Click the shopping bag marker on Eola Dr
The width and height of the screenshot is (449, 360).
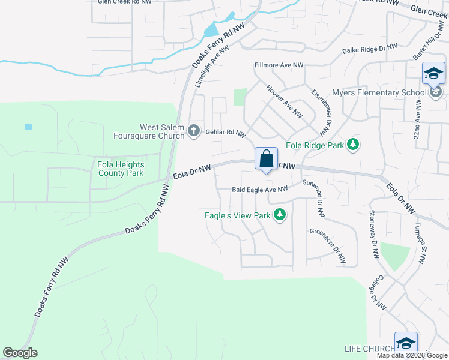point(267,160)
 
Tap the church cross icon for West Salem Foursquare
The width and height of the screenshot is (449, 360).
point(194,130)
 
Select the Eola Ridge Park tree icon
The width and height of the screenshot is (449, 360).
point(354,144)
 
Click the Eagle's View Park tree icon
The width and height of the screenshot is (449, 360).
point(279,214)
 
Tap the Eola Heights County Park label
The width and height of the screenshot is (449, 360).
point(120,169)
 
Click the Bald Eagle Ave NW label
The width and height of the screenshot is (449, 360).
point(259,190)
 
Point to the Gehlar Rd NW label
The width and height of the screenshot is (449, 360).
point(226,133)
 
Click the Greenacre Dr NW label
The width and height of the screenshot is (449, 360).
point(328,246)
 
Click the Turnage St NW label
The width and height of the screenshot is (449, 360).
point(420,243)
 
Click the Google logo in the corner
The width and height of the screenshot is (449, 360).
point(20,353)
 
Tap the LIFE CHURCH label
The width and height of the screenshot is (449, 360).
point(369,349)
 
